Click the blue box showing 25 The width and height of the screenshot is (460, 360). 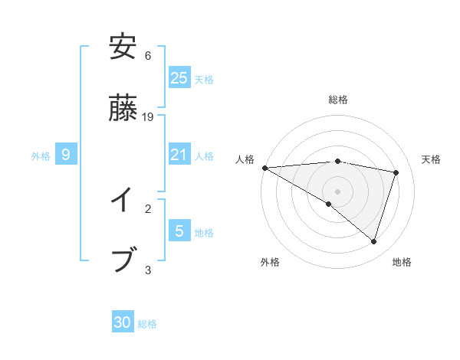click(x=179, y=77)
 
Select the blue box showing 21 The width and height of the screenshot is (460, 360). click(x=179, y=155)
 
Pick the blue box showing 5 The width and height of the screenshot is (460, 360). click(x=179, y=231)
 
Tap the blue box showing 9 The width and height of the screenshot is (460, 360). click(x=66, y=155)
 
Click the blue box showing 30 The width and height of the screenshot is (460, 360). click(x=123, y=322)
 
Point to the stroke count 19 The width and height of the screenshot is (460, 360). click(x=148, y=117)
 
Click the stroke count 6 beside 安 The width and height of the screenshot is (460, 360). click(x=148, y=55)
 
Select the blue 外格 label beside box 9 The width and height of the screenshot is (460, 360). click(x=41, y=155)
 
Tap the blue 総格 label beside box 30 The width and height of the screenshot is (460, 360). click(x=148, y=324)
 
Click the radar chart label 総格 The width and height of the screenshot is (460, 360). click(x=338, y=100)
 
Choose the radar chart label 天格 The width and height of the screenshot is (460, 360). click(x=432, y=159)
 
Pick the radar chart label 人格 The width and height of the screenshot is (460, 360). click(x=245, y=159)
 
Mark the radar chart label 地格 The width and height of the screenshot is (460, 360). click(x=402, y=262)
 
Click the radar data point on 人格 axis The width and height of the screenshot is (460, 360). click(x=264, y=167)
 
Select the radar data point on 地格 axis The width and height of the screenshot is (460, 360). click(x=373, y=241)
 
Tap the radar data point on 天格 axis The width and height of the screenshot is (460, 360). click(x=396, y=172)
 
